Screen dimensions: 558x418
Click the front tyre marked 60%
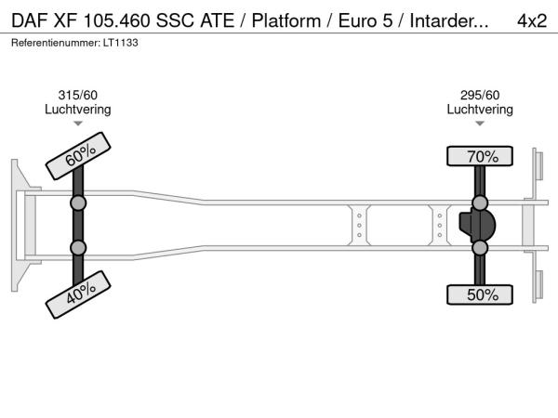[78, 156]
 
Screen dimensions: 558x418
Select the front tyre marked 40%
[78, 294]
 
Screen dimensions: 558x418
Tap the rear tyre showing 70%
[480, 156]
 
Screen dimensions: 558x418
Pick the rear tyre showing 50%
[480, 294]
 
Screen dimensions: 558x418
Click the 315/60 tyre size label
[77, 95]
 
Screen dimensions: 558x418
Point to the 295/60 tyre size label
[480, 95]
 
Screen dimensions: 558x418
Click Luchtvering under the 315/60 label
[78, 110]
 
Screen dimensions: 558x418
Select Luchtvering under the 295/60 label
[480, 110]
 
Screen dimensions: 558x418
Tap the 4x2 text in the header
[532, 20]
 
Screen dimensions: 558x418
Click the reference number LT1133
[121, 43]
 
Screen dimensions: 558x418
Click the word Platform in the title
[286, 20]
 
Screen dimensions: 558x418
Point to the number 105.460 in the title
[117, 20]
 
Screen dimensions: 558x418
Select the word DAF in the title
[30, 20]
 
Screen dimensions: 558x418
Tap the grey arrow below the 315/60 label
[78, 124]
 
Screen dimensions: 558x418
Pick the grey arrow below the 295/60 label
[480, 124]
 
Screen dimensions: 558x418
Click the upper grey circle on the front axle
[78, 203]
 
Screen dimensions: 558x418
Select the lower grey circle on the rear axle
[480, 248]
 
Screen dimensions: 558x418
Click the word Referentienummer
[56, 43]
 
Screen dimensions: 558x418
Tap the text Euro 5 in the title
[365, 20]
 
